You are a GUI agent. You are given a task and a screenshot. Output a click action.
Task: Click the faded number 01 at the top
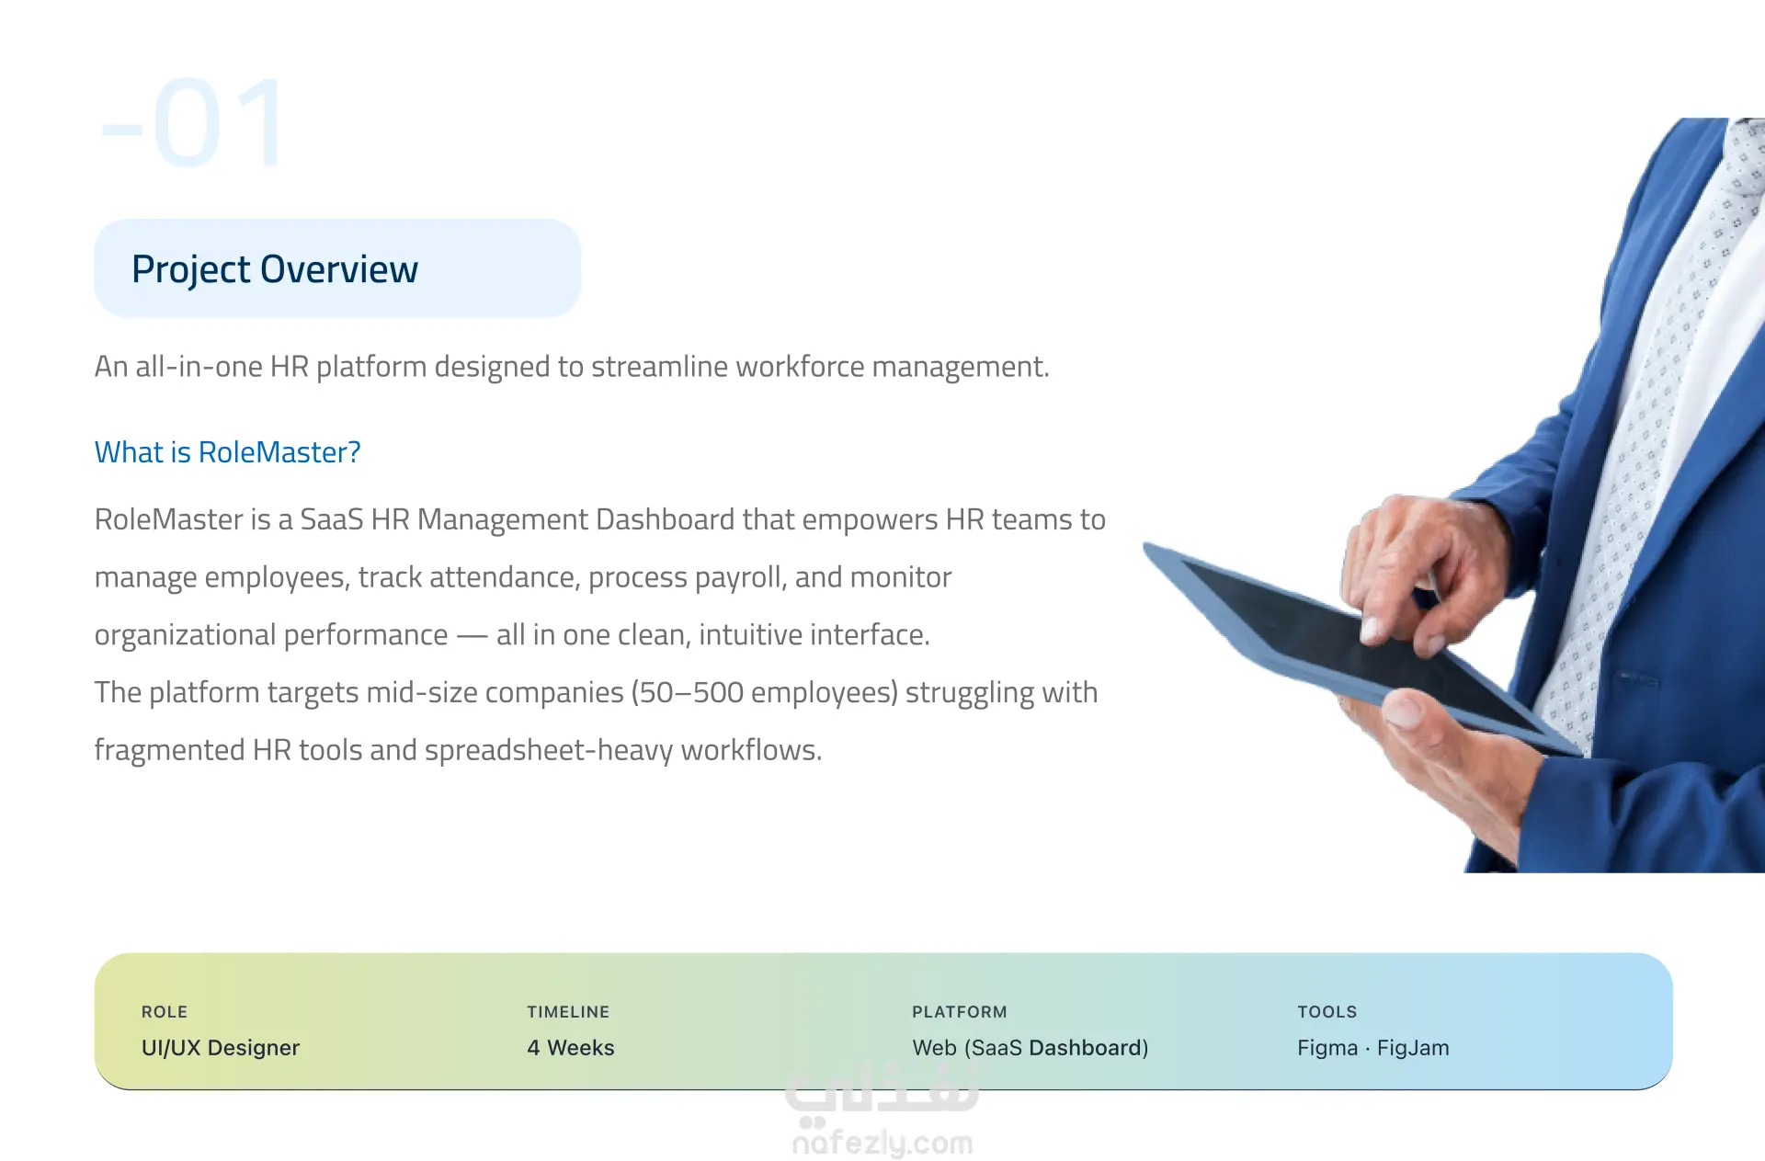tap(191, 123)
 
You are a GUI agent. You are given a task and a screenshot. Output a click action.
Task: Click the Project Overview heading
tap(275, 269)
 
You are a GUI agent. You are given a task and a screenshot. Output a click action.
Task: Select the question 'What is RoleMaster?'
tap(227, 452)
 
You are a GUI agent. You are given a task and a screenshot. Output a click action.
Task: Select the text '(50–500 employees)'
tap(763, 693)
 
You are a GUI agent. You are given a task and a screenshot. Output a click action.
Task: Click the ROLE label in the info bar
tap(165, 1012)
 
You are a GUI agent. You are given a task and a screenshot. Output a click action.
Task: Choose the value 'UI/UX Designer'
tap(221, 1048)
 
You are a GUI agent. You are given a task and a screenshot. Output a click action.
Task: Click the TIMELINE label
tap(568, 1012)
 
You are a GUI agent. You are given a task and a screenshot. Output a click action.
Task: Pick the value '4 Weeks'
tap(571, 1048)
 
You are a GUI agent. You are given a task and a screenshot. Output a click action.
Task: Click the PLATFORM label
tap(960, 1012)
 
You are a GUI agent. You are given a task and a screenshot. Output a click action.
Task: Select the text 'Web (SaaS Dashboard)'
tap(1031, 1048)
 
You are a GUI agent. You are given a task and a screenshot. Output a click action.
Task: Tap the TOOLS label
tap(1327, 1012)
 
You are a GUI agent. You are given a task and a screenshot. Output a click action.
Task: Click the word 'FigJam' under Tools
tap(1413, 1048)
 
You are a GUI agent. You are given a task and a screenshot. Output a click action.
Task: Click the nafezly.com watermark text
tap(882, 1144)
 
